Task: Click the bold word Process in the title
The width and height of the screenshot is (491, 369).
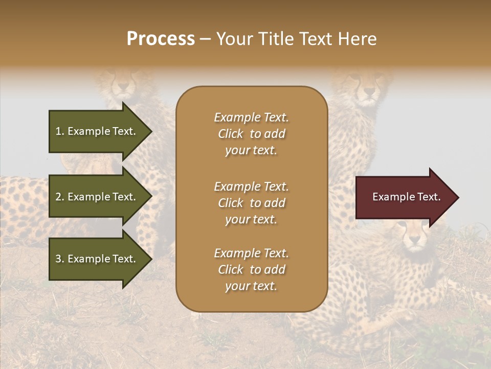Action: pos(161,39)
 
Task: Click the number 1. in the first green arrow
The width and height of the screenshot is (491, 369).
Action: pos(59,131)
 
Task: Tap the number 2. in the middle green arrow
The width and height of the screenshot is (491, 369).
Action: pos(59,197)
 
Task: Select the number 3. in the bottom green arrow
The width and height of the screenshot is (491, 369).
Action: pos(59,259)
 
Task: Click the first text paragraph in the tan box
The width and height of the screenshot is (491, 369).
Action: pos(251,134)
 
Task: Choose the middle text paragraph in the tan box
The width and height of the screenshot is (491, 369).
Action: pos(251,203)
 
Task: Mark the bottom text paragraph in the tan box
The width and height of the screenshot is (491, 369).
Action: pos(251,270)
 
